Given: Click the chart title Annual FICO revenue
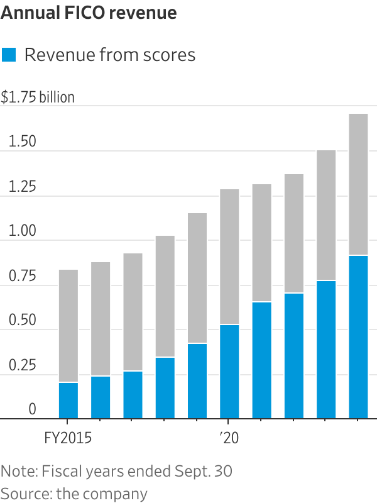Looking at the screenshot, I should [89, 13].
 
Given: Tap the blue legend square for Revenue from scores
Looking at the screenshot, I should [9, 55].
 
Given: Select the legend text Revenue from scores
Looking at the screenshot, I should [110, 55].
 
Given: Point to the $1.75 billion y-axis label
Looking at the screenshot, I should [38, 97].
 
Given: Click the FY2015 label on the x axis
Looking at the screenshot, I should [68, 438].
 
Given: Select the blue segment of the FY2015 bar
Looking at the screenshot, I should [68, 401].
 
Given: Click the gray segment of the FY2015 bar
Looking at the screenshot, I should [68, 326].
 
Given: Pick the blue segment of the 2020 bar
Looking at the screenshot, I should [229, 372].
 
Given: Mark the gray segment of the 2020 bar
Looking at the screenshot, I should [229, 257].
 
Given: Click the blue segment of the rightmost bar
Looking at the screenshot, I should [358, 337].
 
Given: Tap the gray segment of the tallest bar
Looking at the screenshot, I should [358, 184].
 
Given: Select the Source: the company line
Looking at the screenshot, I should [74, 493].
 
